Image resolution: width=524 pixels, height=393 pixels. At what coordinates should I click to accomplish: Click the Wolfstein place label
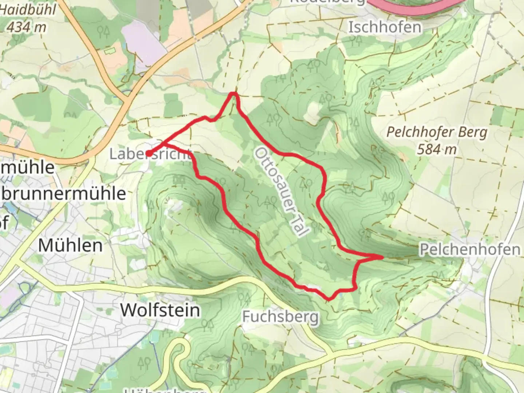[160, 310]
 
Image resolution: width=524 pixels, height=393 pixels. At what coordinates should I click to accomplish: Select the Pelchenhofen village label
[470, 250]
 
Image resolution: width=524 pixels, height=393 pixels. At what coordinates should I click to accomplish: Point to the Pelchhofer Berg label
[436, 132]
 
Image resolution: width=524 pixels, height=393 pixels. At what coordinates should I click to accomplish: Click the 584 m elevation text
[436, 149]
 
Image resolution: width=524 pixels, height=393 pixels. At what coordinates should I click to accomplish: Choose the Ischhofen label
[385, 27]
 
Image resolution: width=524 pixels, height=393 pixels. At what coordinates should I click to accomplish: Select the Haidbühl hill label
[27, 10]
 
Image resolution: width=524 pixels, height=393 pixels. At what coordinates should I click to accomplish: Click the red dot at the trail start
[149, 154]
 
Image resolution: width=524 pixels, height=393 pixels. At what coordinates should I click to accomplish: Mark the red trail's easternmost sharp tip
[382, 257]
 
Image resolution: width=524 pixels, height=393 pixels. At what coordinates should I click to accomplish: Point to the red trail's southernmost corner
[329, 299]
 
